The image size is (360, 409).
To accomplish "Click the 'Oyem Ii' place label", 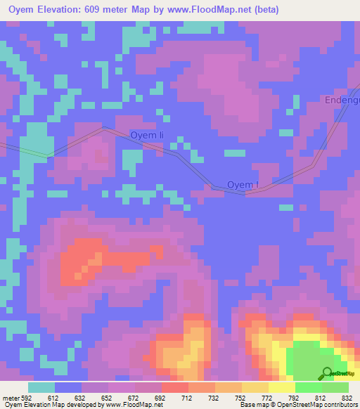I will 147,135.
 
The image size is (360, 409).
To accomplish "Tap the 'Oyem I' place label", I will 243,185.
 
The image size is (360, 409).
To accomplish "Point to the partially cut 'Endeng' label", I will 342,100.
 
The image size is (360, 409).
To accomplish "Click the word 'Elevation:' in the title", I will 77,10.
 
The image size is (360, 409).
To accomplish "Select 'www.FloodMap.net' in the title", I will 214,10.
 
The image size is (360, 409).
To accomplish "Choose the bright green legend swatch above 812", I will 308,387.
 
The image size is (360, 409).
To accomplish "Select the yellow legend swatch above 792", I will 281,387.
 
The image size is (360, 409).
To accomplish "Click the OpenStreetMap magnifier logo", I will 327,372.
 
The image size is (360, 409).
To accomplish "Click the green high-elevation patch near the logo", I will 306,362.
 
